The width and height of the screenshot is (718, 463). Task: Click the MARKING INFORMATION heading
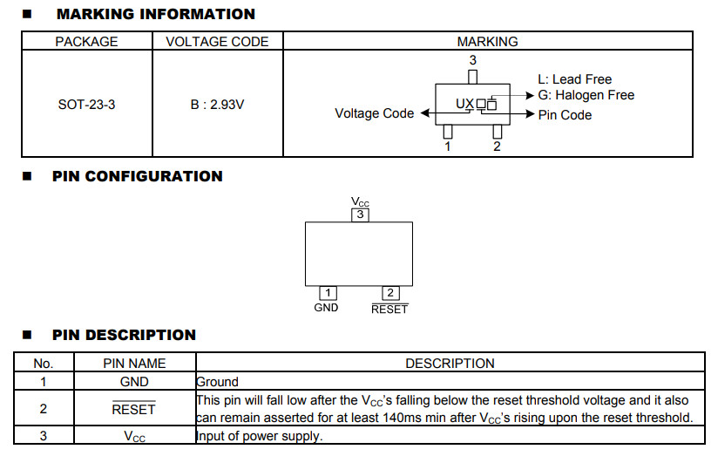tap(155, 14)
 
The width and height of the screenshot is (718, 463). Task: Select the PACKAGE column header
tap(87, 42)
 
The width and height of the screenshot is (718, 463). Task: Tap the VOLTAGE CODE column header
tap(218, 42)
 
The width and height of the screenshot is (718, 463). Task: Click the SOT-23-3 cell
tap(86, 105)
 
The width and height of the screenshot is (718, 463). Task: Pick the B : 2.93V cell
tap(218, 105)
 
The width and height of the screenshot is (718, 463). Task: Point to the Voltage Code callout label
tap(375, 113)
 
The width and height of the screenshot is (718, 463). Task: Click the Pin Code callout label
tap(565, 115)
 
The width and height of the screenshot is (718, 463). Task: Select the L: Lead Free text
tap(575, 79)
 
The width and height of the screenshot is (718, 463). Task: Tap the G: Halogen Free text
tap(586, 95)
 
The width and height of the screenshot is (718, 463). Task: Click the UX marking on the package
tap(465, 105)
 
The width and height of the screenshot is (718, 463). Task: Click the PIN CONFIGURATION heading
tap(138, 176)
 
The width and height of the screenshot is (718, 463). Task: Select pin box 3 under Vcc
tap(359, 214)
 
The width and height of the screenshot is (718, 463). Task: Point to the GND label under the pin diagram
tap(327, 308)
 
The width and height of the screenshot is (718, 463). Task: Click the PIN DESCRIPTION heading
tap(124, 335)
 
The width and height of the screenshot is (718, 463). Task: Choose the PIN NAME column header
tap(134, 364)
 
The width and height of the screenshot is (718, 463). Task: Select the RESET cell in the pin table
tap(134, 409)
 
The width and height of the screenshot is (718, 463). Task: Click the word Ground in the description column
tap(217, 382)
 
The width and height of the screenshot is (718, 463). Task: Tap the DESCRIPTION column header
tap(450, 364)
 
